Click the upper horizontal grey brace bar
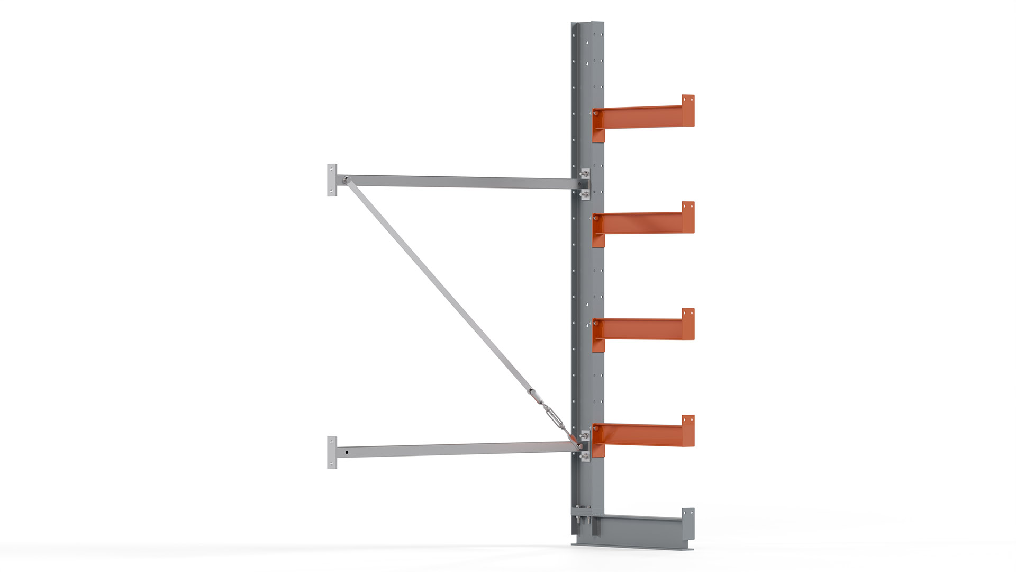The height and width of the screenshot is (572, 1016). pyautogui.click(x=460, y=182)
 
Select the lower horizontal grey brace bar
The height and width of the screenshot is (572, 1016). pyautogui.click(x=460, y=450)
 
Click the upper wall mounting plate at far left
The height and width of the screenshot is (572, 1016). pyautogui.click(x=332, y=180)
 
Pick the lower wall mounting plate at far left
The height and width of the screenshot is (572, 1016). pyautogui.click(x=332, y=452)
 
